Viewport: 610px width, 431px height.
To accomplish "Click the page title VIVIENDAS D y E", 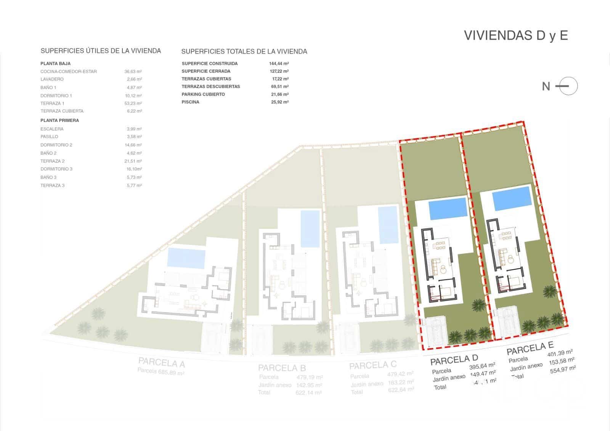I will (x=516, y=35).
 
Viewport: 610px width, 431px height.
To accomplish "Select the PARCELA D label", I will (x=454, y=359).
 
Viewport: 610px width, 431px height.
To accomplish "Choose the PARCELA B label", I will (x=282, y=368).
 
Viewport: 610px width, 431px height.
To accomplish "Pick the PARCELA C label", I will (x=373, y=365).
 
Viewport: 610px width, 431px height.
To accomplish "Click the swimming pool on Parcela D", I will (x=448, y=209).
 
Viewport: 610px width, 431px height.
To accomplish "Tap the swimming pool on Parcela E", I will (x=512, y=198).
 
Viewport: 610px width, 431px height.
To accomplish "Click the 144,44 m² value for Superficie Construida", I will (x=279, y=64).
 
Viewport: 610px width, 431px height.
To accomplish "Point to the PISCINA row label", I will (x=190, y=102).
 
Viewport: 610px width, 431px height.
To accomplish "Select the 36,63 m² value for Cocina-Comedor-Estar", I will (x=133, y=71).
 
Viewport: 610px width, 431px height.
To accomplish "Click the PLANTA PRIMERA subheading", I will (x=60, y=121).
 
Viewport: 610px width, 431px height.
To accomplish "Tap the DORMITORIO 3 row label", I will (x=56, y=169).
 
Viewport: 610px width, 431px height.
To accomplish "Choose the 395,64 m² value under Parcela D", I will (x=482, y=366).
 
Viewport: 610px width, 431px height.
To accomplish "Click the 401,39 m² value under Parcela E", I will (x=560, y=353).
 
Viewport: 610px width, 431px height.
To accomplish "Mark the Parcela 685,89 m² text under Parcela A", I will (x=161, y=372).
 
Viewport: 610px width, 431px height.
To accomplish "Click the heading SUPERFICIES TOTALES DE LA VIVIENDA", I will (x=244, y=51).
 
